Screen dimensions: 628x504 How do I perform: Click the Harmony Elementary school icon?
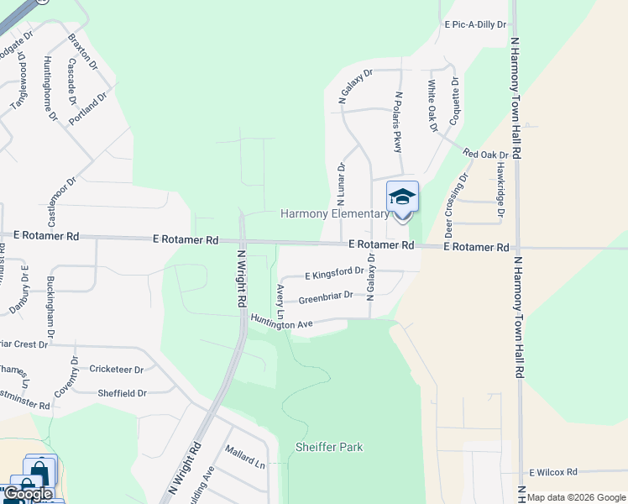pyautogui.click(x=402, y=198)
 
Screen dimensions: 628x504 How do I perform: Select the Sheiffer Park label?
pyautogui.click(x=329, y=447)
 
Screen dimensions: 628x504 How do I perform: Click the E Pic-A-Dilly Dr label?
pyautogui.click(x=476, y=25)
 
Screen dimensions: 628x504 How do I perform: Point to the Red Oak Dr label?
pyautogui.click(x=486, y=155)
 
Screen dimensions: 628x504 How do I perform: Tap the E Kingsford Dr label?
pyautogui.click(x=334, y=274)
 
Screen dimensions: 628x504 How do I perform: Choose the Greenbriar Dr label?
pyautogui.click(x=326, y=297)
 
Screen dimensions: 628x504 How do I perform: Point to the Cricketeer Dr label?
pyautogui.click(x=117, y=369)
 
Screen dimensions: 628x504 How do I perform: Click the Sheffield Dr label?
pyautogui.click(x=122, y=393)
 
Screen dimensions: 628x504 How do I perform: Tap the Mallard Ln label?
pyautogui.click(x=244, y=463)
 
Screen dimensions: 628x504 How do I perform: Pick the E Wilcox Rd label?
pyautogui.click(x=553, y=473)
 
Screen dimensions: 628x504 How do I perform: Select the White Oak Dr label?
pyautogui.click(x=432, y=104)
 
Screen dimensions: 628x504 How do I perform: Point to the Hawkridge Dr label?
pyautogui.click(x=500, y=189)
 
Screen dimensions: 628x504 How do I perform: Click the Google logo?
pyautogui.click(x=29, y=495)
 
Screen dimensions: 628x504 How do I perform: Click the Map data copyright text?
pyautogui.click(x=577, y=497)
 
